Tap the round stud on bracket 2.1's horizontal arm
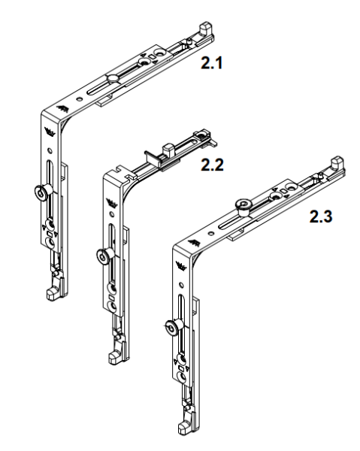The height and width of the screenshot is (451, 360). tap(110, 78)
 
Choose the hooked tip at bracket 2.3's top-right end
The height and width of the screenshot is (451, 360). tap(337, 161)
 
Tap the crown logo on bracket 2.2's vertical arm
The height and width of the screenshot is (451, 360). tap(113, 201)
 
